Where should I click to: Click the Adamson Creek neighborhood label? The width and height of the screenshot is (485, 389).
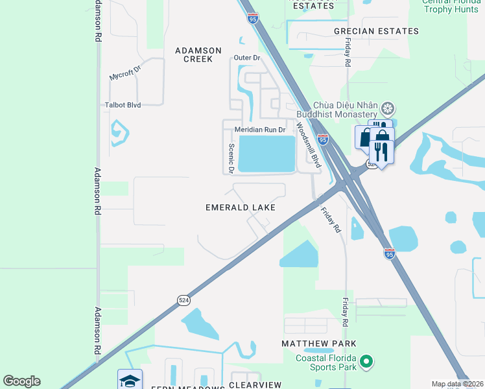(x=198, y=54)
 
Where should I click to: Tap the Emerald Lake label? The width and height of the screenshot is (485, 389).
(x=241, y=207)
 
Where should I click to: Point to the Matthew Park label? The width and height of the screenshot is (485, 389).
(x=319, y=343)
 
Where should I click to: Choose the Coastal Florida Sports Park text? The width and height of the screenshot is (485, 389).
(x=327, y=362)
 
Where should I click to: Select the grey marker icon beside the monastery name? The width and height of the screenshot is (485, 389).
(x=388, y=107)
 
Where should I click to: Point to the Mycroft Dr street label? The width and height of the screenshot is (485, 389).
(x=125, y=71)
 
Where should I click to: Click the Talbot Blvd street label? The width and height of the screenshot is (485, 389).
(x=123, y=104)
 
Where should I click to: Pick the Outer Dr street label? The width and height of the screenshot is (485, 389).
(x=246, y=58)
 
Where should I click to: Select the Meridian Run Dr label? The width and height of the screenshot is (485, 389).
(x=260, y=130)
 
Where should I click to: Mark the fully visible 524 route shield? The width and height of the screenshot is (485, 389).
(x=183, y=300)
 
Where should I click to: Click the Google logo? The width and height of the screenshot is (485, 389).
(x=21, y=381)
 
